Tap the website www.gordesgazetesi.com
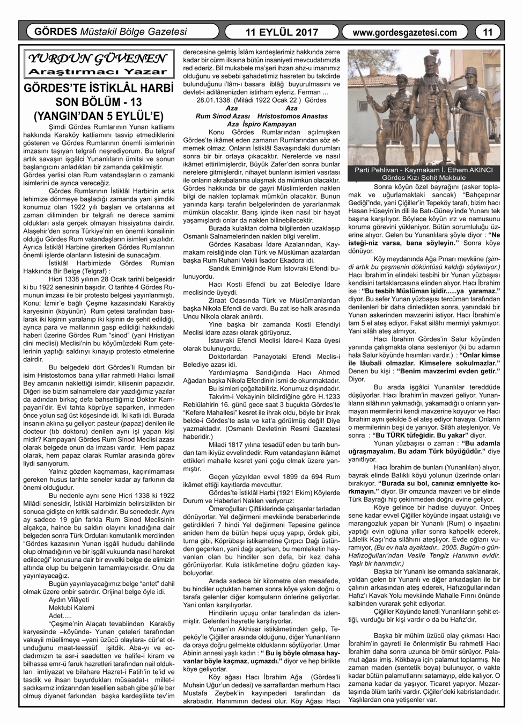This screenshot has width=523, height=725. pos(406,32)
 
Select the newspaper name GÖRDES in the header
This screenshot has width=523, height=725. pos(56,32)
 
